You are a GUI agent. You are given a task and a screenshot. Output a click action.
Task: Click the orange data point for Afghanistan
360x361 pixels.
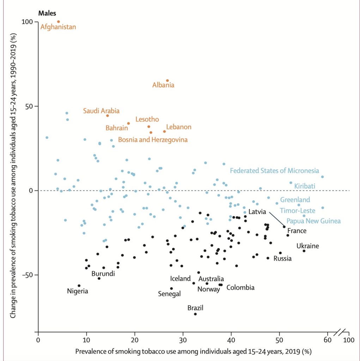59,22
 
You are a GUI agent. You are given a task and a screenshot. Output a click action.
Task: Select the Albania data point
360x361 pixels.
167,80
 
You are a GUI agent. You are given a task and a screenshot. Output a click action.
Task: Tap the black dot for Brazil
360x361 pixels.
195,314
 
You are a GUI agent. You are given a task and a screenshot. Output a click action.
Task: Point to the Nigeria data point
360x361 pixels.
79,286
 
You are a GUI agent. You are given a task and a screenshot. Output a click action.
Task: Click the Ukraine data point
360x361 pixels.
304,251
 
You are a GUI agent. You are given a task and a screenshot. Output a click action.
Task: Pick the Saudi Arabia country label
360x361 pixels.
101,111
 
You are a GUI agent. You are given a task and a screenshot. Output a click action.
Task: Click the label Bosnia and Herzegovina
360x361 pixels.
153,140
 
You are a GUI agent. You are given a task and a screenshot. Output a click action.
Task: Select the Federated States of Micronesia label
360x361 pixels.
274,171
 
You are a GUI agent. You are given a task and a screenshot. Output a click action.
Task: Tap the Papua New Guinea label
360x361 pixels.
313,221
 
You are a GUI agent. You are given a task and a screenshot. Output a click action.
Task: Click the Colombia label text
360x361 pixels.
240,288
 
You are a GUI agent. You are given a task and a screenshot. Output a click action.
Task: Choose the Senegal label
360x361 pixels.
169,294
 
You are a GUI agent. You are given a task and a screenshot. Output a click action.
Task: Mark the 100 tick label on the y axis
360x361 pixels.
29,22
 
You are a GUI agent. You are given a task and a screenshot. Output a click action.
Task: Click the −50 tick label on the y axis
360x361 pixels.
28,275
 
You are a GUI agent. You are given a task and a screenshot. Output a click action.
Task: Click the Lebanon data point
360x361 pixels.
164,131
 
